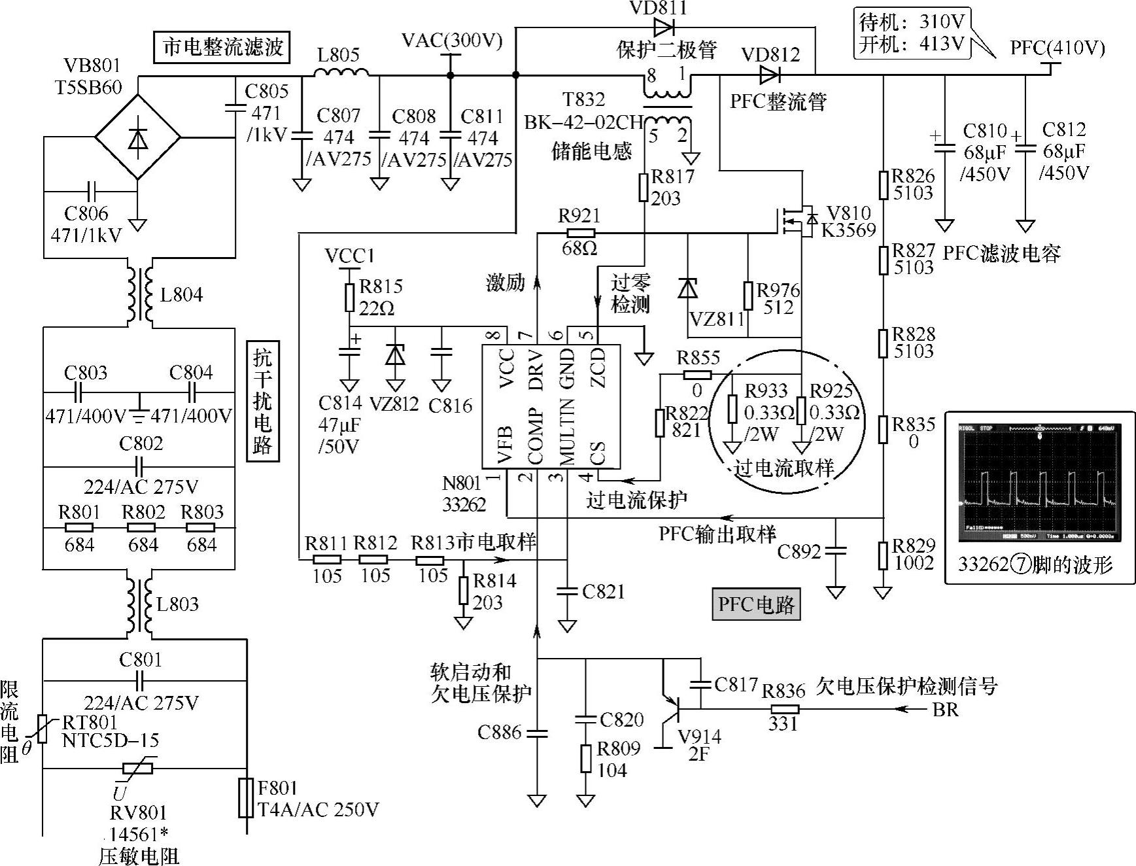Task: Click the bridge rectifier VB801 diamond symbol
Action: pos(137,137)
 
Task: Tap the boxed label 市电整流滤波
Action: pos(223,47)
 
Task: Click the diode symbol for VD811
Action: pos(663,27)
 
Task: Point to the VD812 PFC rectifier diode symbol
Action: pos(769,75)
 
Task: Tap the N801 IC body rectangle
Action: pos(551,406)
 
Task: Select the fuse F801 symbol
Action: pos(246,797)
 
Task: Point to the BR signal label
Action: pos(945,709)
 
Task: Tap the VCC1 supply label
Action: pos(349,256)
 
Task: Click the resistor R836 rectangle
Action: pos(783,709)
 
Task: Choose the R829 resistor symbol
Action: pos(883,555)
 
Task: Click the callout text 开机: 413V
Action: pos(912,44)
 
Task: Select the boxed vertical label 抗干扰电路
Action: pos(262,401)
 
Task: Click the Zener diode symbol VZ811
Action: pos(687,288)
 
